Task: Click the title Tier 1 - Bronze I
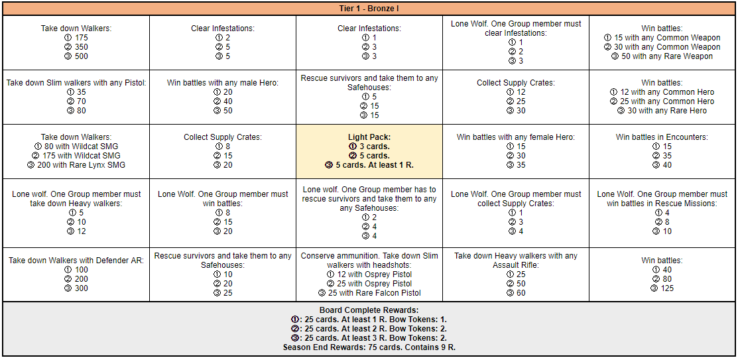[369, 9]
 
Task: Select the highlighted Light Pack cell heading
[369, 137]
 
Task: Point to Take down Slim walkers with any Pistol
[76, 83]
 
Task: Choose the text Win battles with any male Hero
[223, 83]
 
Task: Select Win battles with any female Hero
[515, 137]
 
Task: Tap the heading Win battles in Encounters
[662, 137]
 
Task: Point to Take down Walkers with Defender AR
[76, 261]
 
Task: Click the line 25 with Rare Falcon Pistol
[369, 293]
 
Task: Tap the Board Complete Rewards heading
[369, 310]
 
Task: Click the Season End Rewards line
[369, 347]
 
